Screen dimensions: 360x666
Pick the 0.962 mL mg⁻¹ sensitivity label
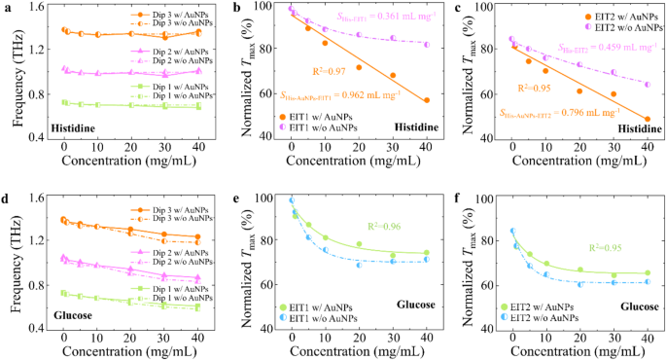click(326, 95)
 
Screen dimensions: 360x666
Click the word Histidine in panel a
click(75, 127)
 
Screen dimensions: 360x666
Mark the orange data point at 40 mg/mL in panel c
click(648, 119)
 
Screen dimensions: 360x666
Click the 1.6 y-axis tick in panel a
click(40, 8)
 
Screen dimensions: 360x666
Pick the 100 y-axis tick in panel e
click(265, 198)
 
